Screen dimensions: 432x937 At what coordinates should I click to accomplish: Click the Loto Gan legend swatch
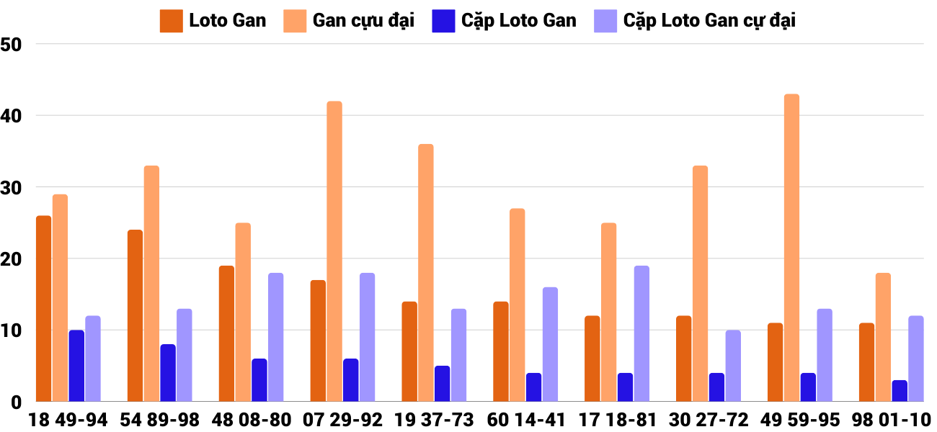(171, 21)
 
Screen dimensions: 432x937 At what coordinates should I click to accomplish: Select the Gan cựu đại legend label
(363, 21)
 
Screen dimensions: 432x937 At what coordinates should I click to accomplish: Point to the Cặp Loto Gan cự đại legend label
(709, 21)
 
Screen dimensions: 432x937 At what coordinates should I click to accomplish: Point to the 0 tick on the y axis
(17, 402)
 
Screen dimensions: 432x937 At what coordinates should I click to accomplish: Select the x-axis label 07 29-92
(343, 420)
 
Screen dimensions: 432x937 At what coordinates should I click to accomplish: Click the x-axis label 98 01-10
(891, 420)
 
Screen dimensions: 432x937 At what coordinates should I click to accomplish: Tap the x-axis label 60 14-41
(525, 420)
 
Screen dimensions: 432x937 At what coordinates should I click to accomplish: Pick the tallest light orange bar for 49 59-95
(791, 248)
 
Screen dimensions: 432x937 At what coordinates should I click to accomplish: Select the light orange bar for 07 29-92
(334, 251)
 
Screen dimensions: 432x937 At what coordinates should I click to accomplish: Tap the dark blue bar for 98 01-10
(900, 391)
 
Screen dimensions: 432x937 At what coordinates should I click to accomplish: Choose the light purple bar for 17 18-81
(641, 333)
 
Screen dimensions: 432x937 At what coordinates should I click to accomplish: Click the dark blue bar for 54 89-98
(168, 373)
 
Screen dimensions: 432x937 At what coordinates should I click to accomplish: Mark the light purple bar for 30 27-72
(733, 366)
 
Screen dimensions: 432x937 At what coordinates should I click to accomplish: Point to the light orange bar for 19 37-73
(426, 273)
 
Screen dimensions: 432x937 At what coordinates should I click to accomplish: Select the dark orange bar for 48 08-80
(226, 333)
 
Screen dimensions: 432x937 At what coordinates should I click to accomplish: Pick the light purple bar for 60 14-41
(550, 344)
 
